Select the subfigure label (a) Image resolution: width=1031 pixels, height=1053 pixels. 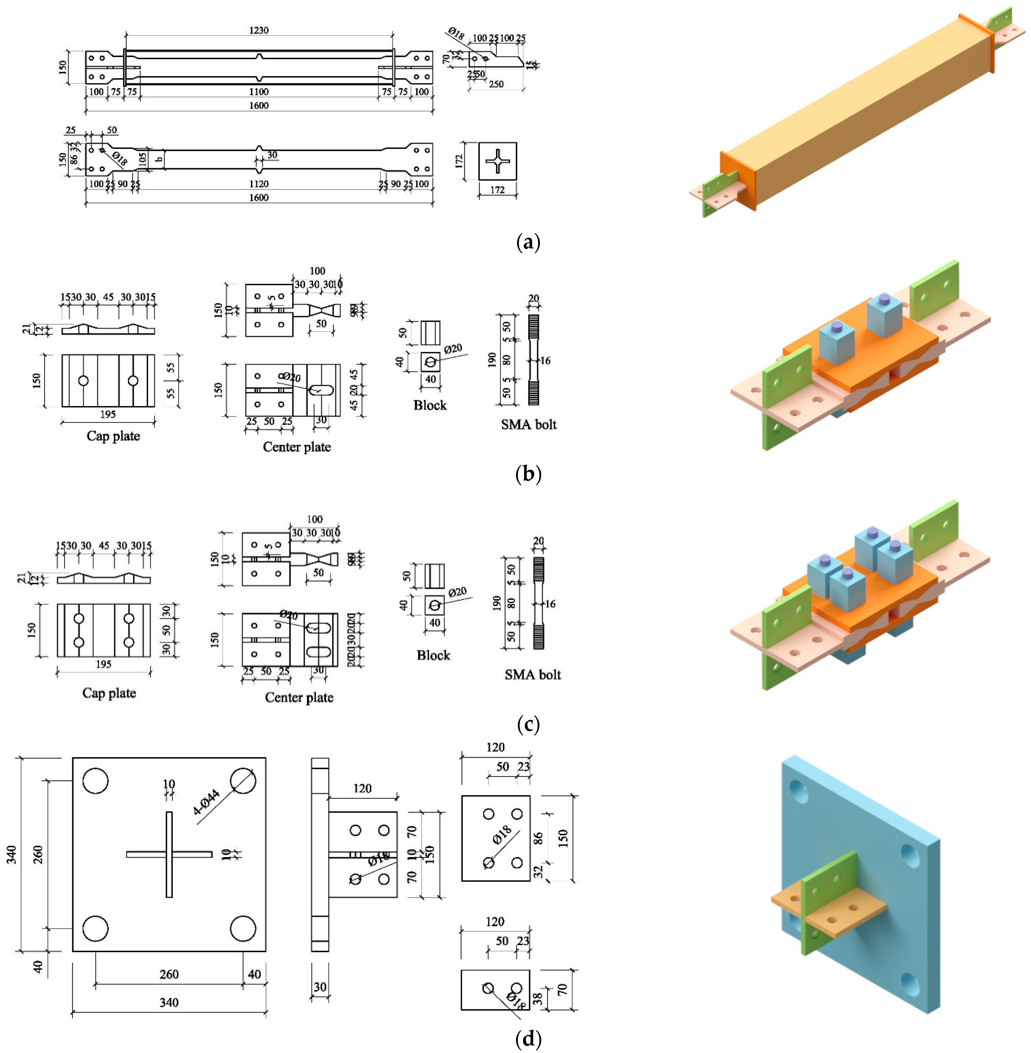pyautogui.click(x=528, y=242)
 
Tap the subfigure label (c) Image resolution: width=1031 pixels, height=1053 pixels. pyautogui.click(x=528, y=724)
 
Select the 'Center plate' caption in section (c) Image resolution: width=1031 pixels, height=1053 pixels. pyautogui.click(x=299, y=698)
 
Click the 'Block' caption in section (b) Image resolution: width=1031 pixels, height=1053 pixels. pyautogui.click(x=430, y=405)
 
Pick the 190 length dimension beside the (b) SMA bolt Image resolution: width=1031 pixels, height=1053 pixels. pyautogui.click(x=492, y=360)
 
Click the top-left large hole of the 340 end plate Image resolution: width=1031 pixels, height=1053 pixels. pyautogui.click(x=95, y=781)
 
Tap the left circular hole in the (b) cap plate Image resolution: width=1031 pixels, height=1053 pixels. pyautogui.click(x=83, y=380)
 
